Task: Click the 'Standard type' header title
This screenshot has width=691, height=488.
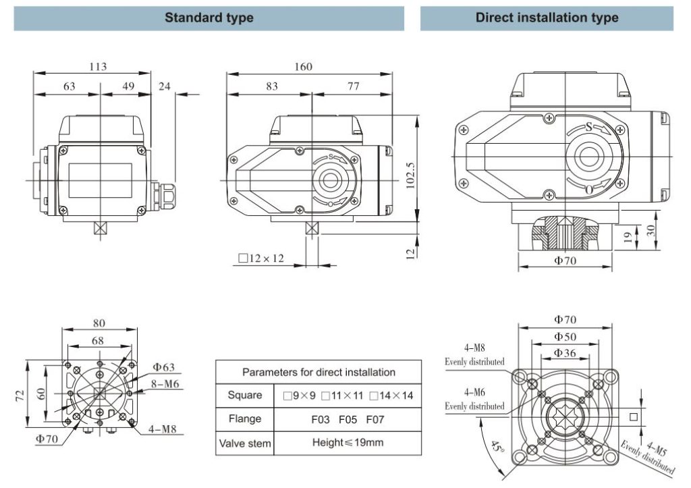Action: point(209,18)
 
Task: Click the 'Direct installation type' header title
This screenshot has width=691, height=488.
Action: point(547,18)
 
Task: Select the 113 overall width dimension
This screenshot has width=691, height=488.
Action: point(99,66)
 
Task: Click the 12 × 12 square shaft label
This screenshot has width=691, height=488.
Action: point(261,258)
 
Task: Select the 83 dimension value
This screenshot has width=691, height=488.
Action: point(271,86)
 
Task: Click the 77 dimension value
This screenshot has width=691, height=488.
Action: point(353,86)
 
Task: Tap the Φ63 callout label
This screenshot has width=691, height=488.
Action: point(163,367)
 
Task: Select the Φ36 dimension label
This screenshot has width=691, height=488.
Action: point(565,352)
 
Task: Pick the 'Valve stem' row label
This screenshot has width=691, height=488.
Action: point(245,443)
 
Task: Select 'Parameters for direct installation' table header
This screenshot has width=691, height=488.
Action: point(319,372)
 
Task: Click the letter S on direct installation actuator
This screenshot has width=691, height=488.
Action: point(588,127)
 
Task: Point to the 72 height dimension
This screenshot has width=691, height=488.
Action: point(19,394)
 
